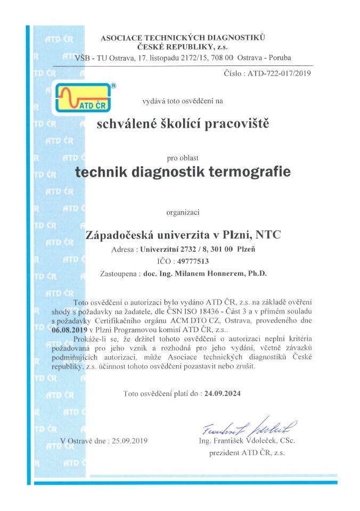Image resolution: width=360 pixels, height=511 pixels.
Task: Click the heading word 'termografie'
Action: (252, 173)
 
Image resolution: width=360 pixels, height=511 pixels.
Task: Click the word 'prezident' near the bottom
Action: (225, 452)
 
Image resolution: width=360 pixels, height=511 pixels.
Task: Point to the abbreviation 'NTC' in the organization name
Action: (268, 234)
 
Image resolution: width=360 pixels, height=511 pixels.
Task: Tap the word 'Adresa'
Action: (124, 249)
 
